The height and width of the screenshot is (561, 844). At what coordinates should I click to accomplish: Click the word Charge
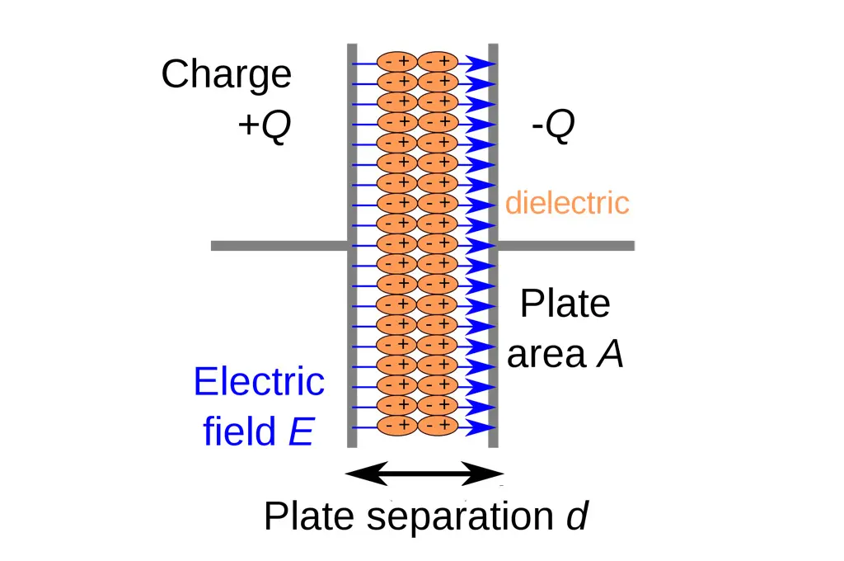coord(226,75)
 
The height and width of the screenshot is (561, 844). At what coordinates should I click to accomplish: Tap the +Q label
coord(265,127)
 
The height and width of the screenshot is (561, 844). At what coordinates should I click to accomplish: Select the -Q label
coord(552,127)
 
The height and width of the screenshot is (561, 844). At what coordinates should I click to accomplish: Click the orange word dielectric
coord(567,202)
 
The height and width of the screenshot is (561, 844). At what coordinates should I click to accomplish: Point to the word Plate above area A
coord(565,304)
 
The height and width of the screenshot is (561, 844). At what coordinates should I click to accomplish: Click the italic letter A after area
coord(610,355)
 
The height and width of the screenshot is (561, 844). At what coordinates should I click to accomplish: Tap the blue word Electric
coord(259,382)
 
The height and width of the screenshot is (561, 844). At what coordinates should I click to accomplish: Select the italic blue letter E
coord(300,431)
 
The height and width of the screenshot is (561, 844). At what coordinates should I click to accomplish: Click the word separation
coord(459,517)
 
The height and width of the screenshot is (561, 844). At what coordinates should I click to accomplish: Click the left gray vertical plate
coord(352,245)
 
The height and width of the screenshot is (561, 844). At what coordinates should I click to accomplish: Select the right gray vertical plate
coord(493,245)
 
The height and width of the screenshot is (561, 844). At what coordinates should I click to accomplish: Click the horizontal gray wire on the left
coord(279,245)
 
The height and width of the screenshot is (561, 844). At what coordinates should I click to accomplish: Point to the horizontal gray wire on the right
coord(565,245)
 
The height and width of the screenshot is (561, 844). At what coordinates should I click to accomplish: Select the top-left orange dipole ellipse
coord(396,62)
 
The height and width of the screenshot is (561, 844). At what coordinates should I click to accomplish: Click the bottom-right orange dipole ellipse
coord(438,426)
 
